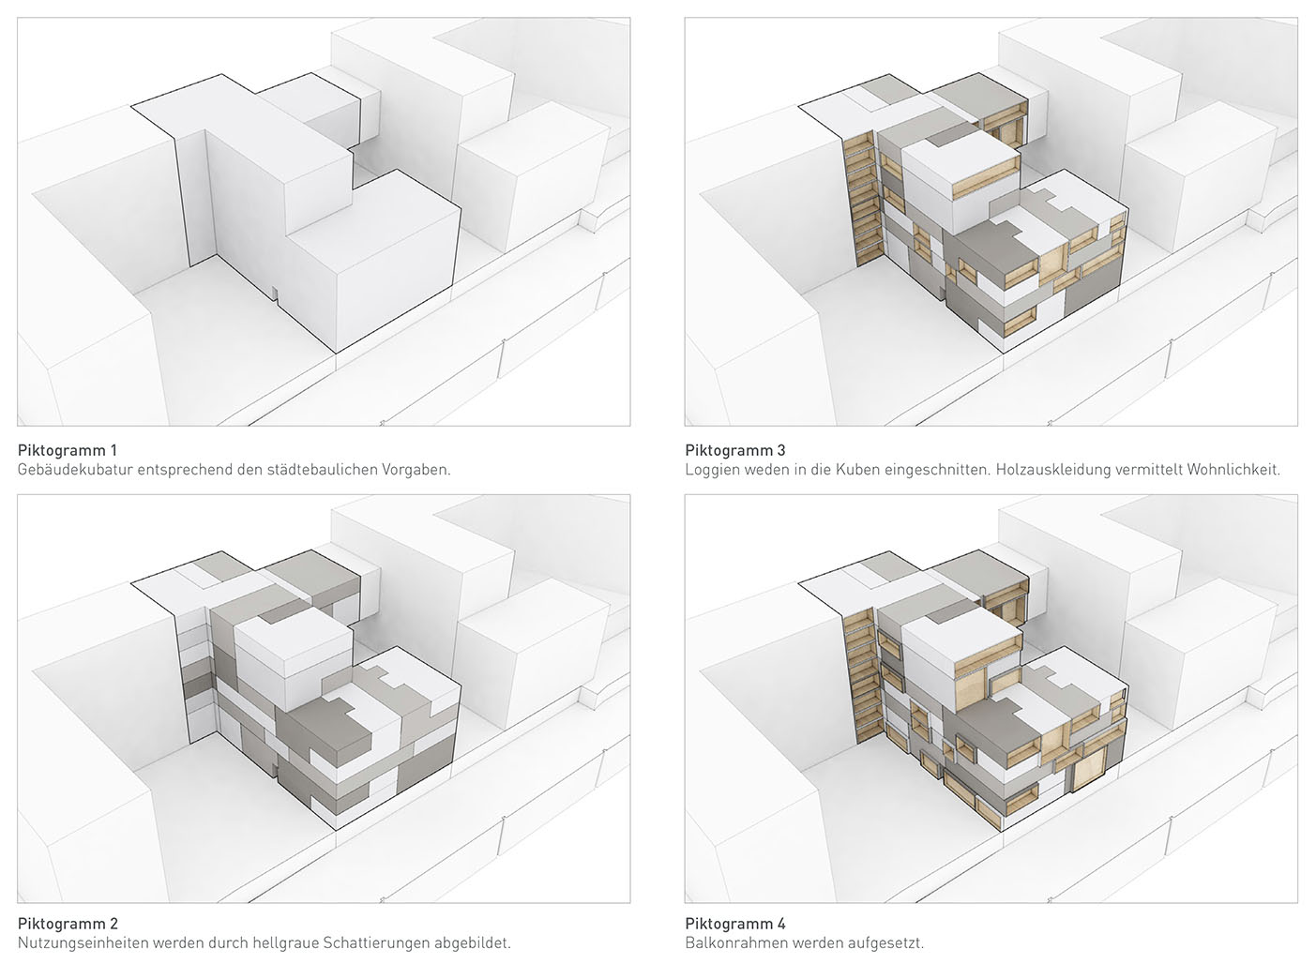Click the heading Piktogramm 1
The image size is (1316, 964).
68,450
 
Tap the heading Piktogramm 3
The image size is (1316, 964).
735,450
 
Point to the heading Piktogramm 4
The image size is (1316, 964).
735,924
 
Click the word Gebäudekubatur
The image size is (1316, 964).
75,470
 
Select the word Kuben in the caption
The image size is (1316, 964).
861,470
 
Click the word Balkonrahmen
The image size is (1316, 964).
732,942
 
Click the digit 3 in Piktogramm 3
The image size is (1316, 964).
780,450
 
